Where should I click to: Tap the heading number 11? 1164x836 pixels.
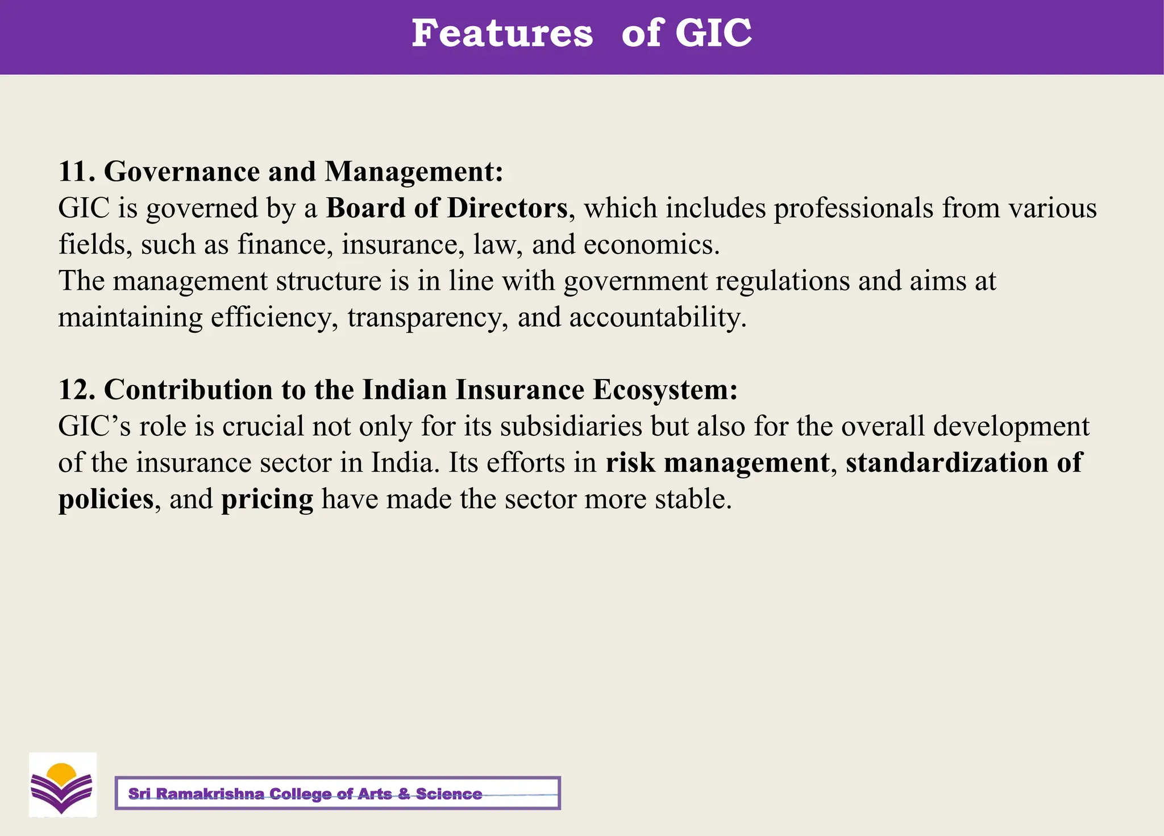click(x=76, y=171)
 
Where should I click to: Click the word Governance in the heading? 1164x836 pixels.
click(x=182, y=172)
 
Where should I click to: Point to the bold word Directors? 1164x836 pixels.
click(x=507, y=208)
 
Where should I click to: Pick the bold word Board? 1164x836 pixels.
click(x=365, y=208)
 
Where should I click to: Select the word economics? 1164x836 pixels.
click(x=651, y=244)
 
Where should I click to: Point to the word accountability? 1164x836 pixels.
click(x=657, y=317)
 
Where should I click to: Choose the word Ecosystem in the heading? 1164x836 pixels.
click(x=664, y=390)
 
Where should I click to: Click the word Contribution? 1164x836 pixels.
click(x=188, y=390)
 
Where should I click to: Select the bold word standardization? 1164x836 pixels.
click(x=946, y=463)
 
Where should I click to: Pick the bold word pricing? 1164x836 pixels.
click(x=267, y=500)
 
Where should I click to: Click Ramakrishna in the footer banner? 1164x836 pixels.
click(x=210, y=793)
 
